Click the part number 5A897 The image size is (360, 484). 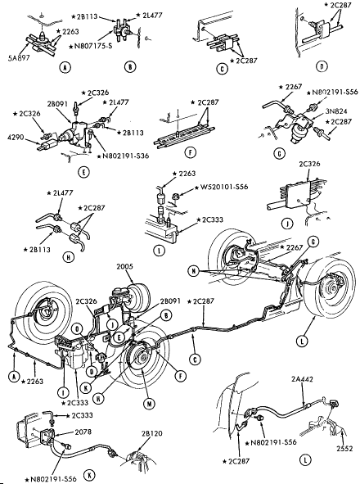tap(19, 57)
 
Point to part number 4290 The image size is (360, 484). tap(16, 137)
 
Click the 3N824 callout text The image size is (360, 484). tap(336, 111)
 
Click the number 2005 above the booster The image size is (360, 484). tap(124, 266)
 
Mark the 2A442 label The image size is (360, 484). tap(302, 378)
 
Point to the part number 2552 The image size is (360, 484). tap(344, 448)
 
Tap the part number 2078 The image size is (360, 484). tap(83, 432)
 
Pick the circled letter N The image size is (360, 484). tap(193, 271)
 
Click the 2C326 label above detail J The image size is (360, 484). tap(309, 164)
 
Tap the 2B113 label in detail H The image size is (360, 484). tap(37, 250)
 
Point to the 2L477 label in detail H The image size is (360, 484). tap(60, 193)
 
